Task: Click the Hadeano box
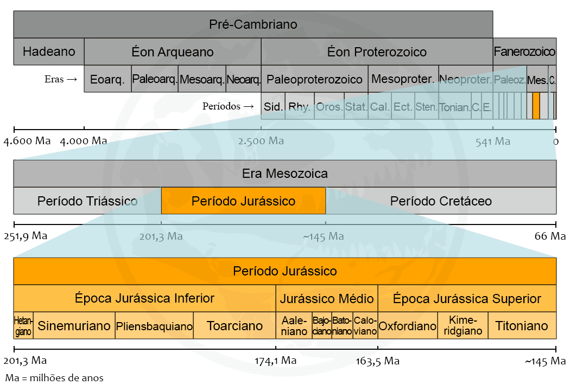[x=49, y=52]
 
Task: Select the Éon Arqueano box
[x=173, y=52]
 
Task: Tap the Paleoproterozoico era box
[x=314, y=80]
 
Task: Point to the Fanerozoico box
[x=524, y=52]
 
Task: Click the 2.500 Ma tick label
[x=261, y=142]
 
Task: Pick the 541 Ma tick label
[x=493, y=142]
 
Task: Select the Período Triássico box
[x=87, y=201]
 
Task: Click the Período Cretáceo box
[x=441, y=201]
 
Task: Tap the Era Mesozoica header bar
[x=285, y=174]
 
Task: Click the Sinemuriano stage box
[x=74, y=326]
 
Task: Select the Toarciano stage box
[x=235, y=326]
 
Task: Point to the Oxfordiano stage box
[x=408, y=326]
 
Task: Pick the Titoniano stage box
[x=521, y=326]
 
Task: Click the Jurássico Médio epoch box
[x=327, y=299]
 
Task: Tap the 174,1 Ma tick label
[x=276, y=361]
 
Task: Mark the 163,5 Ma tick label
[x=378, y=361]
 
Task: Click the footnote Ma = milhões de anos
[x=54, y=377]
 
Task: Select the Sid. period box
[x=274, y=107]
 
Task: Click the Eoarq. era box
[x=107, y=80]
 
